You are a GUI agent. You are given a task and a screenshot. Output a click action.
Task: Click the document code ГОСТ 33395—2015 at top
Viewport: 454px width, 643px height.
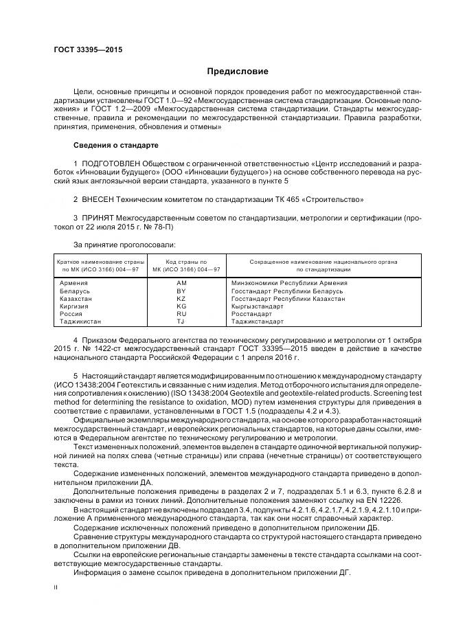(83, 50)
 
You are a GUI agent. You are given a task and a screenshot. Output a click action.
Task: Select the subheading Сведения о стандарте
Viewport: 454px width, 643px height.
(115, 146)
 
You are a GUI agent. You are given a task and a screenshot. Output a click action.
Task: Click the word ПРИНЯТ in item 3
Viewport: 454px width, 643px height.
(98, 217)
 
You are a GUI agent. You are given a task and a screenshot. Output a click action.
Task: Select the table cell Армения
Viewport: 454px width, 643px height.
(73, 283)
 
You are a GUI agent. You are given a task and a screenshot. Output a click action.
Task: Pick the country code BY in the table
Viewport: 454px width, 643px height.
(181, 291)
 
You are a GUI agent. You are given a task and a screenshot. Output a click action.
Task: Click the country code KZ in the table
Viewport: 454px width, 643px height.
(181, 299)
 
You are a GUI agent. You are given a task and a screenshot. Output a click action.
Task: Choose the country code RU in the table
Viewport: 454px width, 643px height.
(181, 314)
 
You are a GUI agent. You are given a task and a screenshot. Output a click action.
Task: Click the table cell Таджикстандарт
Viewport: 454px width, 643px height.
(257, 321)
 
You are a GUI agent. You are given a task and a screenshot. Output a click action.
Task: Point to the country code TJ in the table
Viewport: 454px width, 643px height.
(181, 321)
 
